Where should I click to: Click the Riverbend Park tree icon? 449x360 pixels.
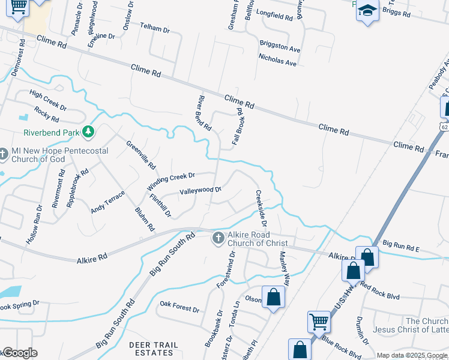click(x=88, y=131)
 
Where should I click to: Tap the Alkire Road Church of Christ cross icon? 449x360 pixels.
click(x=218, y=239)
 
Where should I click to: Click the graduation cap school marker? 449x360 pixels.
click(x=367, y=11)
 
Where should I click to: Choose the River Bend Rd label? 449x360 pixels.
click(x=204, y=113)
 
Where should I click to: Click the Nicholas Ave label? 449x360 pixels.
click(x=277, y=62)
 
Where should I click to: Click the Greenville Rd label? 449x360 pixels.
click(x=141, y=154)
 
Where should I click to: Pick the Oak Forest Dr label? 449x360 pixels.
click(x=179, y=308)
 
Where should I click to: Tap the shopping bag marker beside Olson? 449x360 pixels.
click(x=274, y=296)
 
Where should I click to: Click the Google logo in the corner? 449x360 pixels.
click(x=20, y=353)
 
